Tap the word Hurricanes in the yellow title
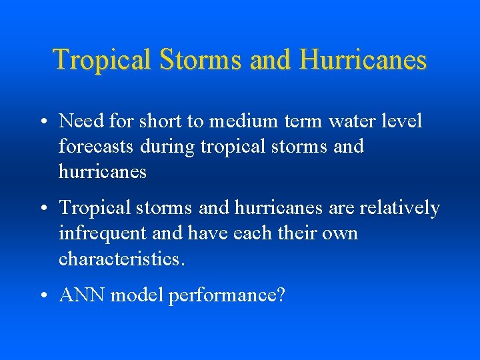tap(363, 60)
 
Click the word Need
tap(79, 121)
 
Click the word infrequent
tap(101, 233)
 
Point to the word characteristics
tap(119, 258)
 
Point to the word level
tap(401, 121)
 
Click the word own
tap(339, 233)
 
